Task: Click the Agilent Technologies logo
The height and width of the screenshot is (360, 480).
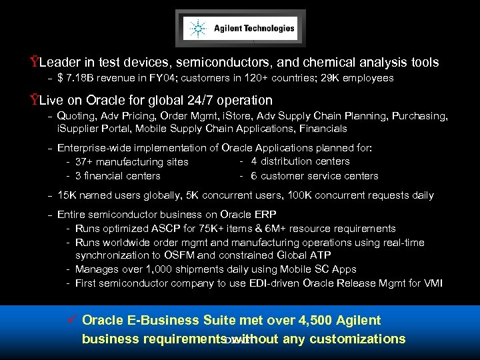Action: (x=241, y=29)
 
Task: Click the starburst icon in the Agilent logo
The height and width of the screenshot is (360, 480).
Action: (x=197, y=29)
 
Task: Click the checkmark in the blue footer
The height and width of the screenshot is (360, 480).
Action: (x=73, y=321)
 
